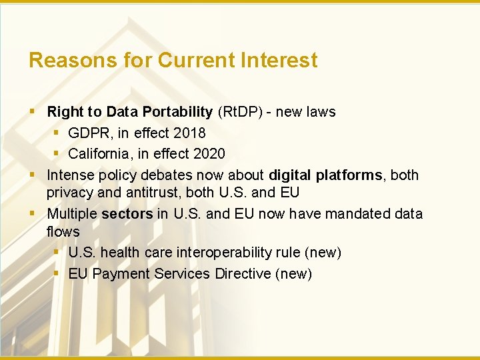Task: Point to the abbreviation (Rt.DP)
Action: coord(239,112)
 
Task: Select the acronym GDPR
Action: coord(91,133)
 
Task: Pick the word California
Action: coord(100,154)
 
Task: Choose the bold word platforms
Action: coord(350,175)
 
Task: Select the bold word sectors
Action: coord(127,214)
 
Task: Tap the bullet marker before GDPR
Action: coord(57,133)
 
